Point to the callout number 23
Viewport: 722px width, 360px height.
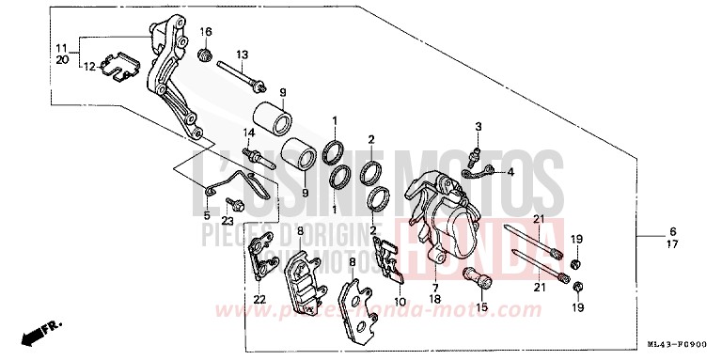click(x=227, y=221)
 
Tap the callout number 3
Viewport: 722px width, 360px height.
click(x=478, y=126)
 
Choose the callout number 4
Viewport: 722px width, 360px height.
click(x=511, y=172)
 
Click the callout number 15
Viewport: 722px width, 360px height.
click(x=481, y=305)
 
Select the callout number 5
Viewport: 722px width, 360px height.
click(x=206, y=214)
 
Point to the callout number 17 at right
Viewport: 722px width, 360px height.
click(x=647, y=245)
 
